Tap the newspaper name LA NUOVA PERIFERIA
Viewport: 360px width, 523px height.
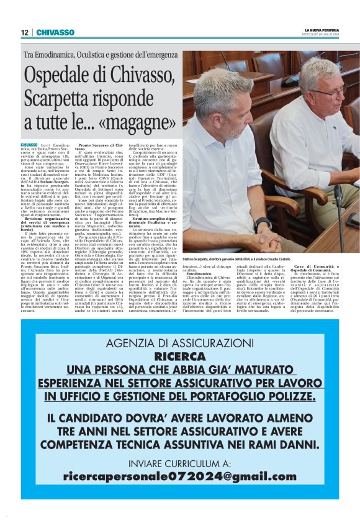321,30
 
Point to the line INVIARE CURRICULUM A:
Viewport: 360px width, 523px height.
179,462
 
